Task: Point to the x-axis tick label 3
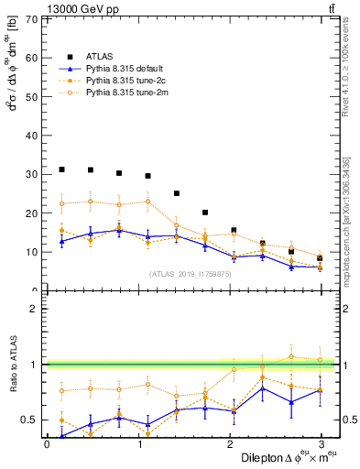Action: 320,443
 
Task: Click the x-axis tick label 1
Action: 137,443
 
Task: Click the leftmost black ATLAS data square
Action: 61,169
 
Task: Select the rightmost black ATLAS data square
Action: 320,258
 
